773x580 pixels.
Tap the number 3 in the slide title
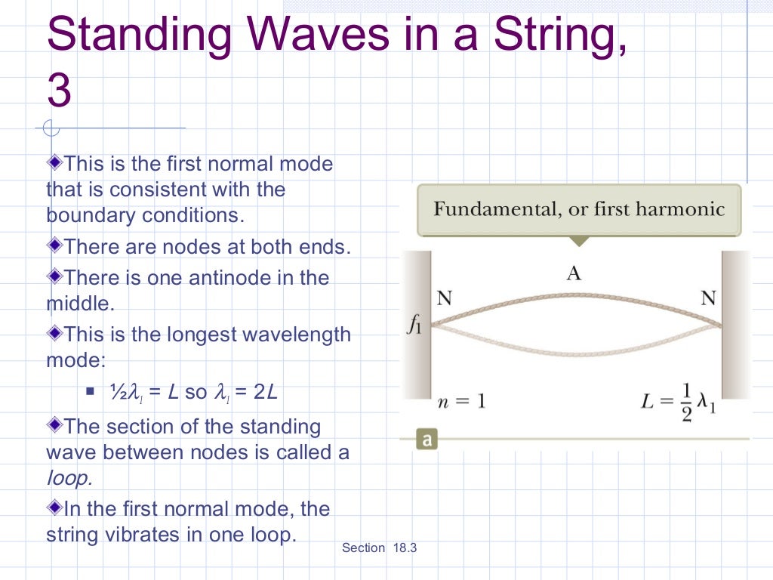pos(59,91)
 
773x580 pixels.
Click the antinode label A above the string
pos(574,273)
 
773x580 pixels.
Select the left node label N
pos(445,298)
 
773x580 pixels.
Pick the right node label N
pos(707,298)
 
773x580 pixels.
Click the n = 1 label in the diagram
pos(460,400)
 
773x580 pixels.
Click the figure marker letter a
pos(427,439)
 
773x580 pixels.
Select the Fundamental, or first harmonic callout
pos(579,209)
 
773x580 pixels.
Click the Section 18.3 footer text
pos(379,548)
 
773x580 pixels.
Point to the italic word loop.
pos(69,479)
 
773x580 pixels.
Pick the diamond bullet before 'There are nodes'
pos(54,245)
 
